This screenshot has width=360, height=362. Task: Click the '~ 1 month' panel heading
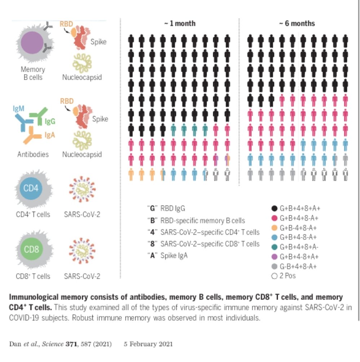pyautogui.click(x=180, y=24)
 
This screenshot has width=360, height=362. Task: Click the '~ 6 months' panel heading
pyautogui.click(x=297, y=24)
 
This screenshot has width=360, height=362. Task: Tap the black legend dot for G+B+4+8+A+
pyautogui.click(x=275, y=208)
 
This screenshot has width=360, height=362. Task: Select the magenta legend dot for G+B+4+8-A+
pyautogui.click(x=275, y=218)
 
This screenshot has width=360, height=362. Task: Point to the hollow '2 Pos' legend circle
pyautogui.click(x=275, y=276)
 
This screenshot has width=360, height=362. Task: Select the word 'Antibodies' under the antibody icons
pyautogui.click(x=33, y=155)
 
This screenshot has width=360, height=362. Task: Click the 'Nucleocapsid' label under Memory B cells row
pyautogui.click(x=82, y=77)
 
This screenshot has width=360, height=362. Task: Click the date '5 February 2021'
pyautogui.click(x=148, y=344)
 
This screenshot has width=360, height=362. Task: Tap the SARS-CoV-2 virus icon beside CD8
pyautogui.click(x=82, y=251)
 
